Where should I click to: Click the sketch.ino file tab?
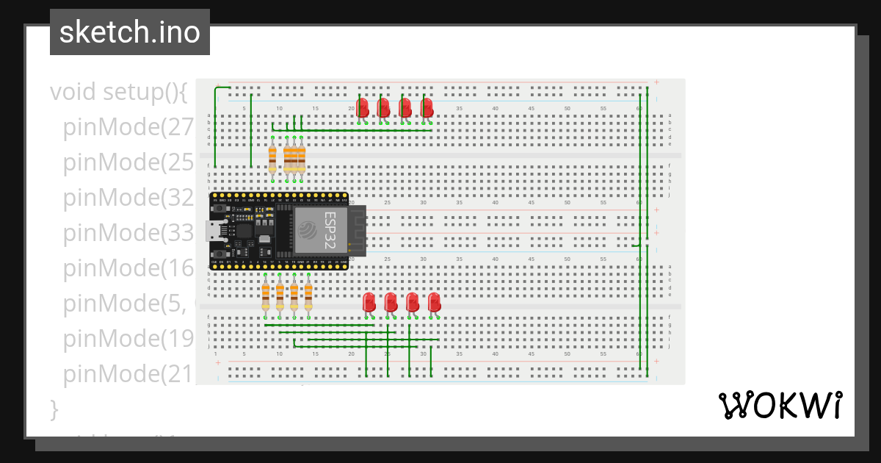[130, 32]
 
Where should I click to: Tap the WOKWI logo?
[780, 406]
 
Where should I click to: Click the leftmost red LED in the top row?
[362, 107]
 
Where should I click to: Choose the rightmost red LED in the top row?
[427, 107]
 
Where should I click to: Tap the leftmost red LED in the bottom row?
[369, 302]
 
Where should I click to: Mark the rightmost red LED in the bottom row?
[435, 302]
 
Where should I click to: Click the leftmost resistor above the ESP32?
[273, 158]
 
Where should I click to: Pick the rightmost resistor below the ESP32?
[308, 296]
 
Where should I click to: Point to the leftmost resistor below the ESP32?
[266, 296]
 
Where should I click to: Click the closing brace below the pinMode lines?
[53, 409]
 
